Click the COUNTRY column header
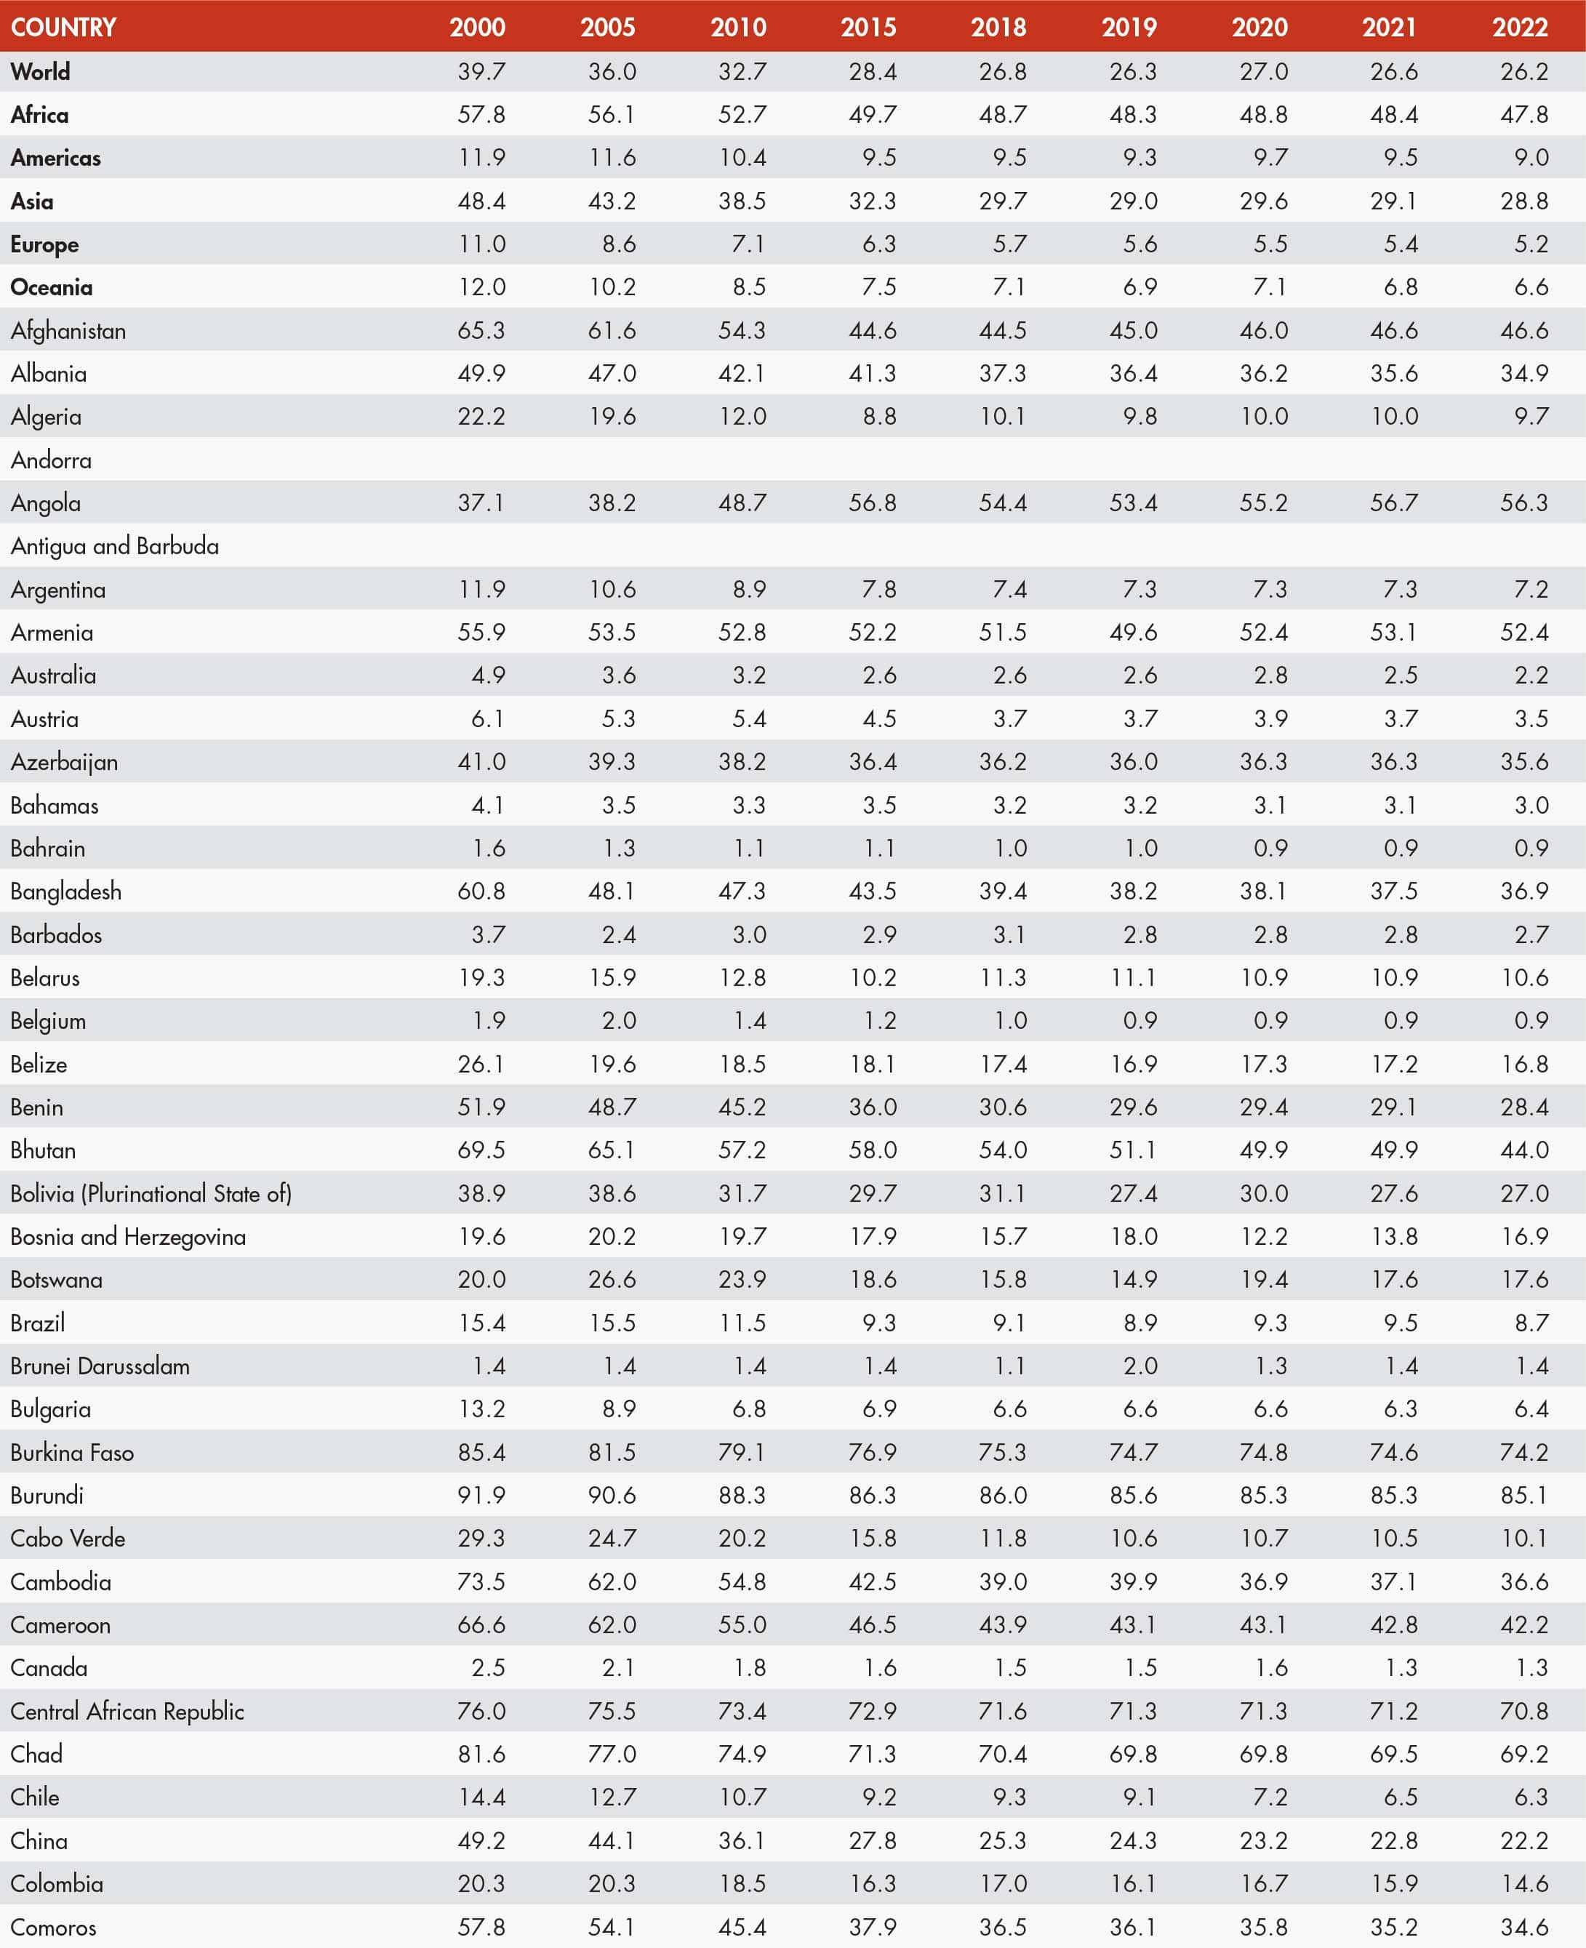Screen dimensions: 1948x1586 coord(63,26)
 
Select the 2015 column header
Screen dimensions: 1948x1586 coord(868,26)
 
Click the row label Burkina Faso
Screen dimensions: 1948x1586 coord(72,1452)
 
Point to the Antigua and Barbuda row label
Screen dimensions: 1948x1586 coord(115,546)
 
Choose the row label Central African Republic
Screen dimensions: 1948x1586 coord(127,1710)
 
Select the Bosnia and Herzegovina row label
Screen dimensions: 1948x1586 coord(128,1237)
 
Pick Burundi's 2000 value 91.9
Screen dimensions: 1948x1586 coord(481,1495)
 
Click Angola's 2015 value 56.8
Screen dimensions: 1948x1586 coord(872,502)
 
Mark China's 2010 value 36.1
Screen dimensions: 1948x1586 coord(741,1840)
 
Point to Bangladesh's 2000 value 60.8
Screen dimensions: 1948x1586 coord(481,891)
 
